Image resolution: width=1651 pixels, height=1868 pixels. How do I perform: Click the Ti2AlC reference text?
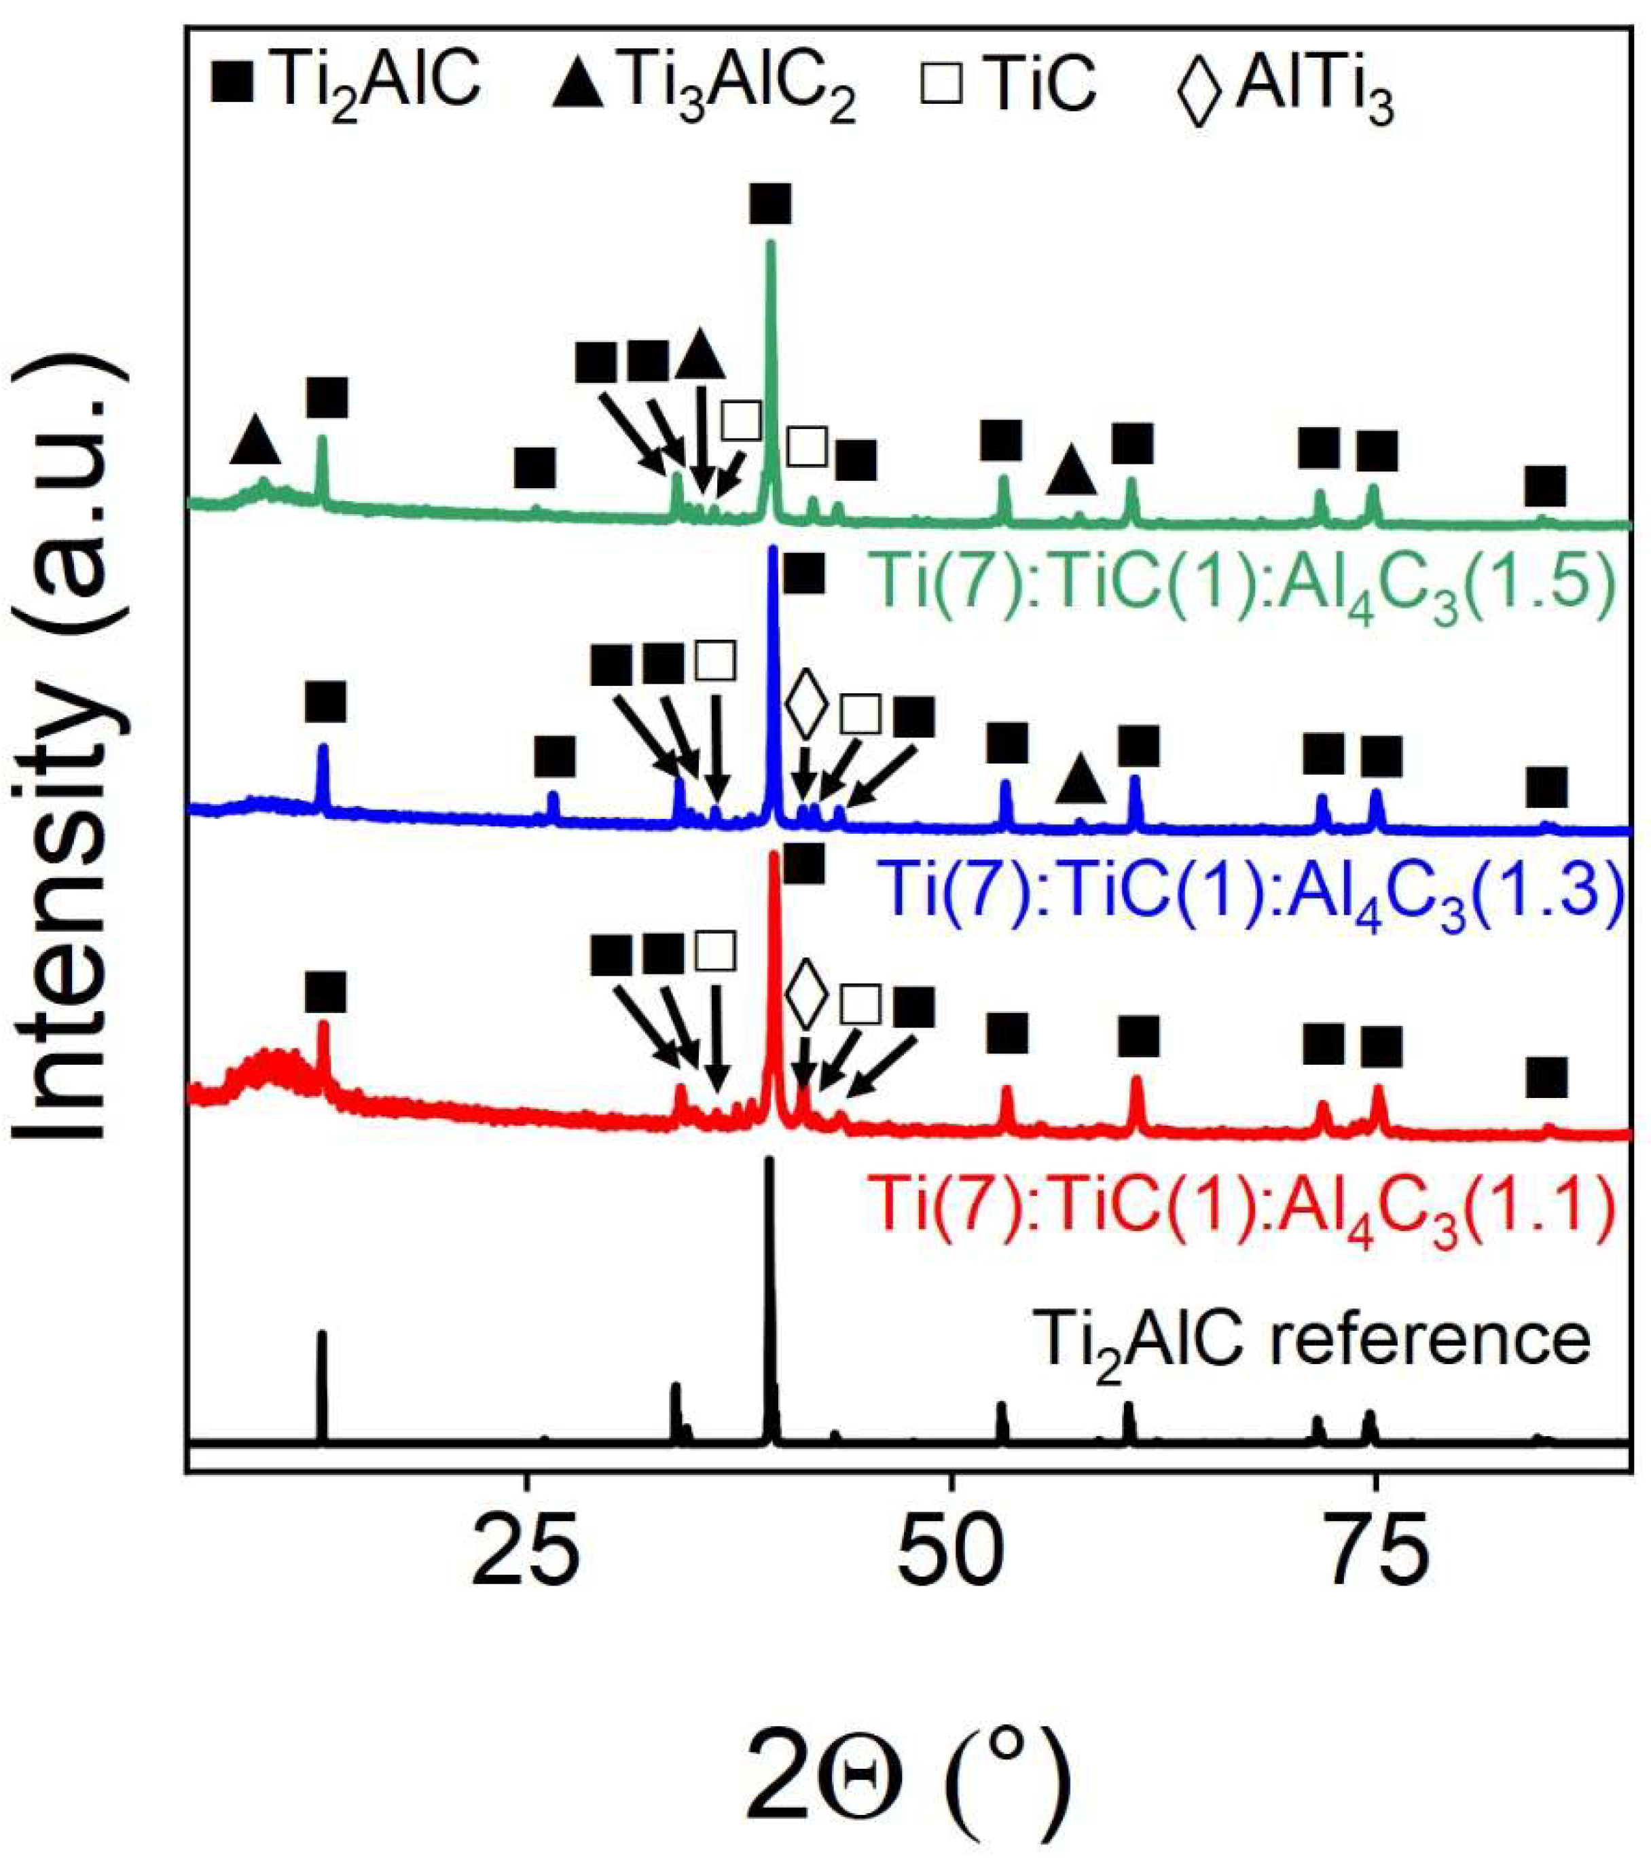[x=1313, y=1340]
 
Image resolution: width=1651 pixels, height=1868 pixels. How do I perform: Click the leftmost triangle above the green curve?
[x=255, y=439]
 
